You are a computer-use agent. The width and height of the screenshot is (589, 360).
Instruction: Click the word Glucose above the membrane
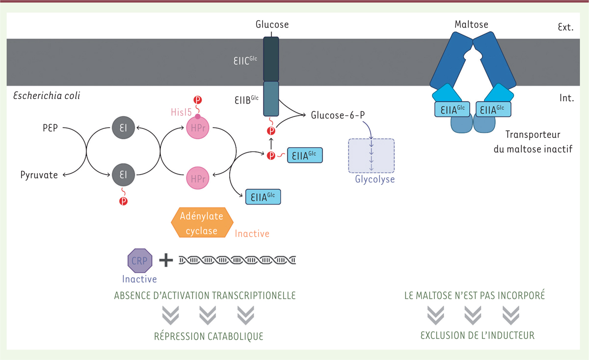click(272, 24)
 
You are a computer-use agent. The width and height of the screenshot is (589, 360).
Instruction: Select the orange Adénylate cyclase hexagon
click(201, 223)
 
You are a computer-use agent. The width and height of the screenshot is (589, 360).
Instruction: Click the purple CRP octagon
click(140, 260)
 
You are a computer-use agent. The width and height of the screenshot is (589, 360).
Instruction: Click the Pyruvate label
click(39, 175)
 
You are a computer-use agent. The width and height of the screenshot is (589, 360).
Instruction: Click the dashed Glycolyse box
click(371, 155)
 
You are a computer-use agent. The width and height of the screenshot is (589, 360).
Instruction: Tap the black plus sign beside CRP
click(166, 260)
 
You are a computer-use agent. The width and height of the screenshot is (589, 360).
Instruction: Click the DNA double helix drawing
click(237, 260)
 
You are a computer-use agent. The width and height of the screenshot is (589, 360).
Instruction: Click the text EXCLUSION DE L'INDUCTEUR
click(477, 336)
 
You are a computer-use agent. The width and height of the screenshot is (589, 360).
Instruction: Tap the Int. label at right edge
click(566, 98)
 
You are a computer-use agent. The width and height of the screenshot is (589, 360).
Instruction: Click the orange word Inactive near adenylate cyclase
click(252, 233)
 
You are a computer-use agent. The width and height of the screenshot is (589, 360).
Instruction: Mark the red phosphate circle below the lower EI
click(123, 202)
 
